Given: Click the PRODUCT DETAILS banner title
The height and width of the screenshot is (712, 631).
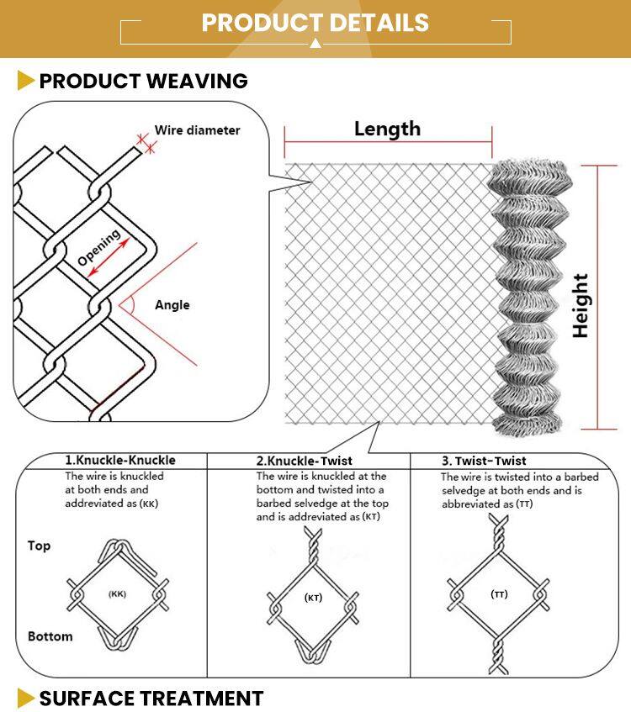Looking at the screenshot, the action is (315, 23).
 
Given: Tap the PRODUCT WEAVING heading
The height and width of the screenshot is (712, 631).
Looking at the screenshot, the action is (143, 82).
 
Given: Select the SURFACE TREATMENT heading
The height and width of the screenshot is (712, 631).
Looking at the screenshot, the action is (151, 699).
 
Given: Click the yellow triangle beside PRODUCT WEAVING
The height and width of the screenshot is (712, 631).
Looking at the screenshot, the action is (25, 81).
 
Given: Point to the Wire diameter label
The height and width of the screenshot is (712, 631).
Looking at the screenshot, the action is (198, 130).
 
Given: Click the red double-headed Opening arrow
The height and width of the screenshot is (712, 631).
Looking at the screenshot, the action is (109, 258).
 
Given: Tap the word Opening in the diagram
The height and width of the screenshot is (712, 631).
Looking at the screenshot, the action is (98, 246).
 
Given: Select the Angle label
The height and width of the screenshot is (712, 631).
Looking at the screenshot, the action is (172, 305).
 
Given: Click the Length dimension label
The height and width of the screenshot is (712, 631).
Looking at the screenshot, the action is (387, 129).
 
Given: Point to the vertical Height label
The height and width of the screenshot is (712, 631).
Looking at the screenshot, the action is (581, 306).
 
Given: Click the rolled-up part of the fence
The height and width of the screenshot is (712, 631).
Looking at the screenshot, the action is (528, 298).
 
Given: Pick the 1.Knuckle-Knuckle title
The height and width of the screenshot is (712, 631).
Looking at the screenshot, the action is (120, 460).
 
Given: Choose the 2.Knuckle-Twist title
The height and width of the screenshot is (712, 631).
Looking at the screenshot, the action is (304, 461).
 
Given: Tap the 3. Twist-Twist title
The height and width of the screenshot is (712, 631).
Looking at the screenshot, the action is (484, 461).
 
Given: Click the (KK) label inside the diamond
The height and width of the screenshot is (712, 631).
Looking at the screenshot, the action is (117, 594).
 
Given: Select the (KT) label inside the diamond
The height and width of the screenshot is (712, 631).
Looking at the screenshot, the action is (313, 598).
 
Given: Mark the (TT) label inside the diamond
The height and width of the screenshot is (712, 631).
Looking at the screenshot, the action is (499, 594).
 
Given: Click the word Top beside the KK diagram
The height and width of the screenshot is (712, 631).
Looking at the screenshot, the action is (39, 546).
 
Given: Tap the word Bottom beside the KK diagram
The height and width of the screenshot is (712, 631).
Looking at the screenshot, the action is (50, 636).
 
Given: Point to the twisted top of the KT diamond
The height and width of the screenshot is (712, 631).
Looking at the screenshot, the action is (313, 545).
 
